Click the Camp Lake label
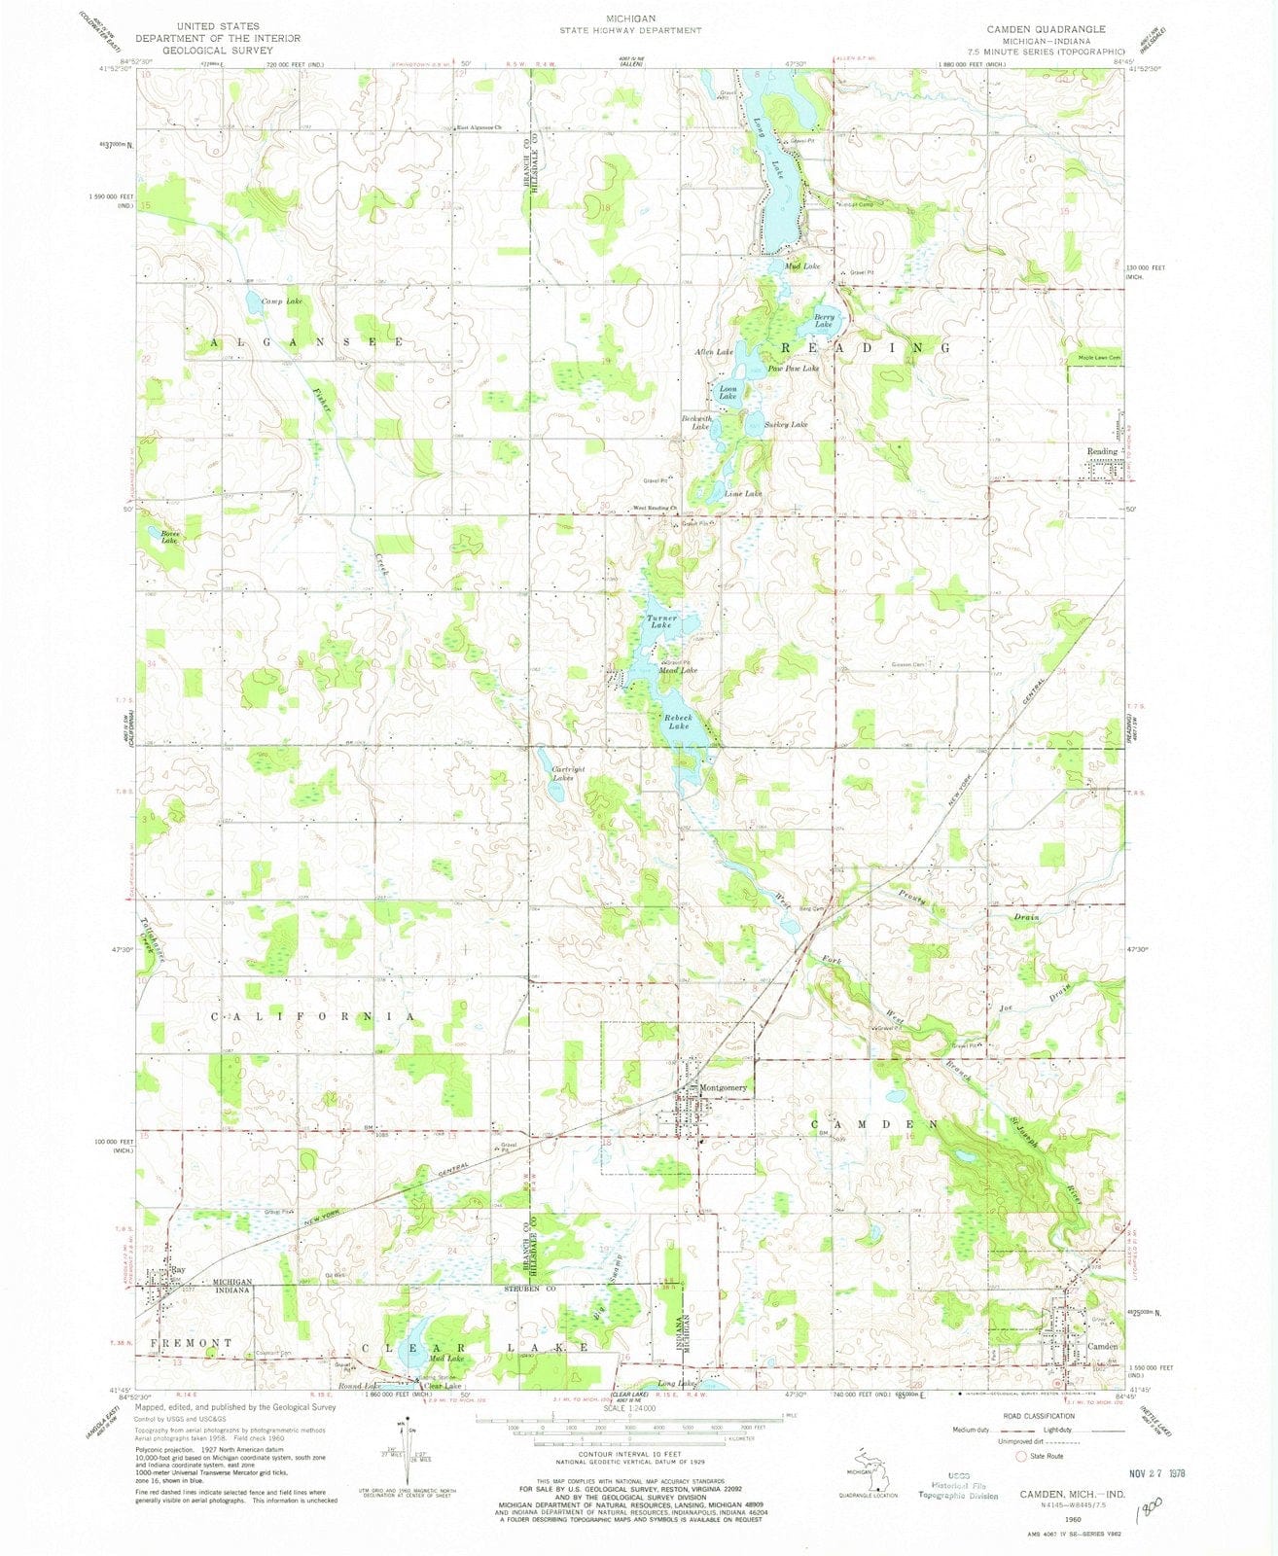point(281,302)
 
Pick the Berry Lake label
point(824,321)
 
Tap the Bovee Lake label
point(161,535)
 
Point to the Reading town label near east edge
point(1102,452)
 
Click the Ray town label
point(178,1270)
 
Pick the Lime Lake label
point(743,494)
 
